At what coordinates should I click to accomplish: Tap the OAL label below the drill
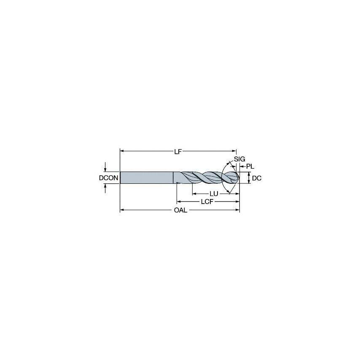click(x=180, y=210)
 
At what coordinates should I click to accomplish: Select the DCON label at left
click(x=108, y=178)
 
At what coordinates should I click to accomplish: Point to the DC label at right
click(x=257, y=178)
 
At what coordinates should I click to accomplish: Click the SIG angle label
click(x=239, y=159)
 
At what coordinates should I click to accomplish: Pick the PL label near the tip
click(x=250, y=167)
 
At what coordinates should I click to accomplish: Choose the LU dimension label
click(x=214, y=193)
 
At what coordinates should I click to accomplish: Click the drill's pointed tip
click(x=239, y=178)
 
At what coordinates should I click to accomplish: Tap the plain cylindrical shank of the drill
click(x=147, y=177)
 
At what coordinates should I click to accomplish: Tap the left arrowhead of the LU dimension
click(x=194, y=193)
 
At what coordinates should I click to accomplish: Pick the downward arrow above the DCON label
click(x=105, y=169)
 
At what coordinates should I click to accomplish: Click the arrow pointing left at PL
click(x=242, y=167)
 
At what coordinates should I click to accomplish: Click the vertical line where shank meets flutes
click(x=174, y=177)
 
